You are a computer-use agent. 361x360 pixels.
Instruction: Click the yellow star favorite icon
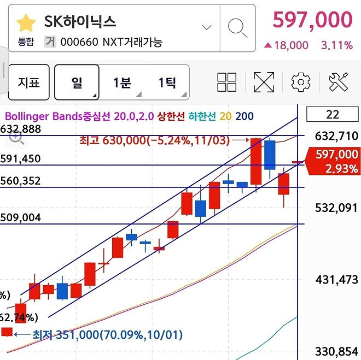pos(26,23)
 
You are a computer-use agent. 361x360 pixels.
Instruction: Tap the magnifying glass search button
pos(237,27)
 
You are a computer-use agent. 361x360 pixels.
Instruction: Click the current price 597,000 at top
pos(312,21)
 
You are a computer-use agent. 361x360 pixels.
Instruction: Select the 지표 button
pos(29,82)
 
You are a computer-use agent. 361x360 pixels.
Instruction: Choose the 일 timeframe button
pos(77,82)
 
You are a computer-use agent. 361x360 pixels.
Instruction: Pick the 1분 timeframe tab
pos(122,82)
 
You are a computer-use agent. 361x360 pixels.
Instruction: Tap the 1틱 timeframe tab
pos(167,82)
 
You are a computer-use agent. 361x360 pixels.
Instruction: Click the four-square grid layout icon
pos(226,82)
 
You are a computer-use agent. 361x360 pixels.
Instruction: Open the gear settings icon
pos(300,82)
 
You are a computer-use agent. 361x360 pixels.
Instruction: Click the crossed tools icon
pos(339,82)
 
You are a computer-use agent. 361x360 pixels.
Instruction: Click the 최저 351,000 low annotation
pos(107,334)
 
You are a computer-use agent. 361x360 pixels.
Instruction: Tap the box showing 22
pos(332,114)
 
